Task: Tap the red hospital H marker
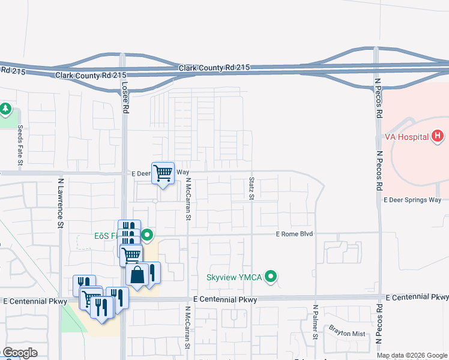(x=438, y=137)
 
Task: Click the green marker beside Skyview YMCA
(x=271, y=277)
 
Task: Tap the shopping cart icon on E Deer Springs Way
(x=163, y=173)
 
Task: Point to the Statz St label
(x=252, y=188)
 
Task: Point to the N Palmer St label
(x=315, y=322)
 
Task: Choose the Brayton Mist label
(x=346, y=331)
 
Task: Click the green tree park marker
(x=5, y=109)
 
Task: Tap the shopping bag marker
(x=137, y=275)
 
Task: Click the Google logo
(x=20, y=353)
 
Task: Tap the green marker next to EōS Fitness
(x=148, y=235)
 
